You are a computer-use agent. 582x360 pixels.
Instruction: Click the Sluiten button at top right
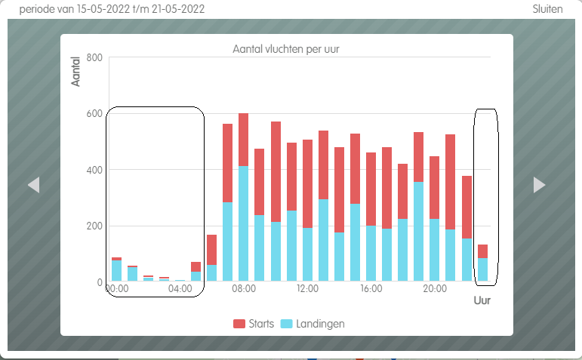[x=547, y=9]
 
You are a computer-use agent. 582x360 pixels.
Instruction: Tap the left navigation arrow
[x=33, y=185]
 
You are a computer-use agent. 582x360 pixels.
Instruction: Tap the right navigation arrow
[x=539, y=185]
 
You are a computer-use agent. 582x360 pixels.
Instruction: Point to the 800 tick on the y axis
[x=94, y=57]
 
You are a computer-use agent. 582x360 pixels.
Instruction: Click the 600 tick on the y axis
[x=94, y=114]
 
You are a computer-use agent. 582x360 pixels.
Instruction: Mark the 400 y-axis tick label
[x=94, y=170]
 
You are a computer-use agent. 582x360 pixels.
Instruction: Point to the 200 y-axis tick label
[x=94, y=226]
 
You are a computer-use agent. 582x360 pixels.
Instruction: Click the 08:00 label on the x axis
[x=244, y=288]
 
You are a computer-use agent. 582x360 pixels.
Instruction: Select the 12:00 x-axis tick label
[x=307, y=288]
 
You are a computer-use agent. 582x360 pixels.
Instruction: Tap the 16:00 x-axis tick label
[x=371, y=288]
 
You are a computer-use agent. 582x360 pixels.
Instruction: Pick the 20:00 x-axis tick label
[x=435, y=288]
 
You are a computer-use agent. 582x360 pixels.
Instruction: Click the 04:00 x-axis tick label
[x=180, y=288]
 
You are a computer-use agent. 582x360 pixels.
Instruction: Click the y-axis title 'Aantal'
[x=76, y=70]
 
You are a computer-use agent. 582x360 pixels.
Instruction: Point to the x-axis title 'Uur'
[x=482, y=300]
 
